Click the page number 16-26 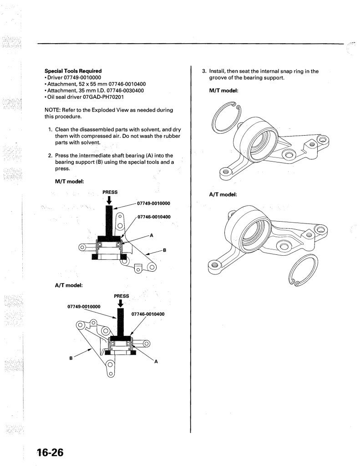[50, 452]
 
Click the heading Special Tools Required [73, 71]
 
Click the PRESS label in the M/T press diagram [110, 192]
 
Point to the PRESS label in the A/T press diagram [121, 296]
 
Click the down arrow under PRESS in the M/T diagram [109, 201]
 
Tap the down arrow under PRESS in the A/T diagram [121, 304]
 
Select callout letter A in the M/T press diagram [151, 235]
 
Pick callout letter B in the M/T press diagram [164, 250]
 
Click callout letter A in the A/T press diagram [156, 361]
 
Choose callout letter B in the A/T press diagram [71, 358]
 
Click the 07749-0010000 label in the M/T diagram [153, 203]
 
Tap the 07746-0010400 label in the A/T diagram [148, 314]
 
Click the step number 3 [204, 71]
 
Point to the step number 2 [50, 156]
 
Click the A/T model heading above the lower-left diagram [69, 285]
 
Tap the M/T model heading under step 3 [223, 91]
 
